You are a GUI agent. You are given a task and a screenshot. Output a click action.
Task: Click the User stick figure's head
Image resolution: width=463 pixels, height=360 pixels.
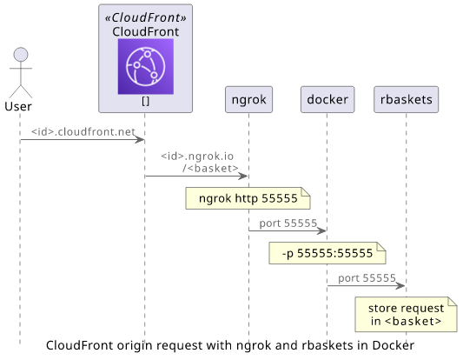pos(21,55)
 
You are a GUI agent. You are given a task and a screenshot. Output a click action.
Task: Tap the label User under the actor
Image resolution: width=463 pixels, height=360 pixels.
pos(18,106)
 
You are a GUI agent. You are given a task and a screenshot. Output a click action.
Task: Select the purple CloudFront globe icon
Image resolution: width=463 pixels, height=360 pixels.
pos(146,66)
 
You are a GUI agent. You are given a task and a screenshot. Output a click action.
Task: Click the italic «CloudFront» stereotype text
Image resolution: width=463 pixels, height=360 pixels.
pos(146,17)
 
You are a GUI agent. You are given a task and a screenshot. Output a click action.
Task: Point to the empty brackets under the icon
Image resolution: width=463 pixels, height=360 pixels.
pos(146,102)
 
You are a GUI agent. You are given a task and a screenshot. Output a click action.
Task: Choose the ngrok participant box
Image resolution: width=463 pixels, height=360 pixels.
pos(249,100)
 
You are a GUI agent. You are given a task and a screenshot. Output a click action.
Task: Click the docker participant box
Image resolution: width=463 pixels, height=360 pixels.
pos(327,100)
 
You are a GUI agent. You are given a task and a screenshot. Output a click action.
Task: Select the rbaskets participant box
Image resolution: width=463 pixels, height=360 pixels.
pos(406,100)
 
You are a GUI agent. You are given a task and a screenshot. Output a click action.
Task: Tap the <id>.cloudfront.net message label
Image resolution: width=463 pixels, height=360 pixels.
pos(83,132)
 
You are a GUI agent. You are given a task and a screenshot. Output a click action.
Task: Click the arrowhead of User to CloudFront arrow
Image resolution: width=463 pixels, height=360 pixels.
pos(140,140)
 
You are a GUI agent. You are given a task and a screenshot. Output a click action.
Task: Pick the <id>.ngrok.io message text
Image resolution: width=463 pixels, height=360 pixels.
pos(197,156)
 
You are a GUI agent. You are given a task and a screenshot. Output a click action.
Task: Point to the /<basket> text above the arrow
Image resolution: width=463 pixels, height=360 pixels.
pos(210,169)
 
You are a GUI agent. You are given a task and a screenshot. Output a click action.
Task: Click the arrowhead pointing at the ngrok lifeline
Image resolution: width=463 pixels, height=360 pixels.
pos(243,177)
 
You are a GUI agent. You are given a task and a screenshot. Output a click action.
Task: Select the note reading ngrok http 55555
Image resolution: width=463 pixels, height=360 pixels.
pos(248,198)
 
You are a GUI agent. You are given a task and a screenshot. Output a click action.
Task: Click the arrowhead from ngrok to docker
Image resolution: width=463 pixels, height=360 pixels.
pos(321,230)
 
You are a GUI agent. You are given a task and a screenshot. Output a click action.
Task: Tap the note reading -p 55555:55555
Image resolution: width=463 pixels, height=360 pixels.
pos(327,253)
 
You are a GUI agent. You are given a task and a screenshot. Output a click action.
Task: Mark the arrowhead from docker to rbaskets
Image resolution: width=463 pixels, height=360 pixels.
pos(400,286)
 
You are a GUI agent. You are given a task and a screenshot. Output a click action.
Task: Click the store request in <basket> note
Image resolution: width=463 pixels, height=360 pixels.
pos(406,315)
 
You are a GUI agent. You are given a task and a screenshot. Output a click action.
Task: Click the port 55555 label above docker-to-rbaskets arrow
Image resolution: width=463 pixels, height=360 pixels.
pos(367,278)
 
